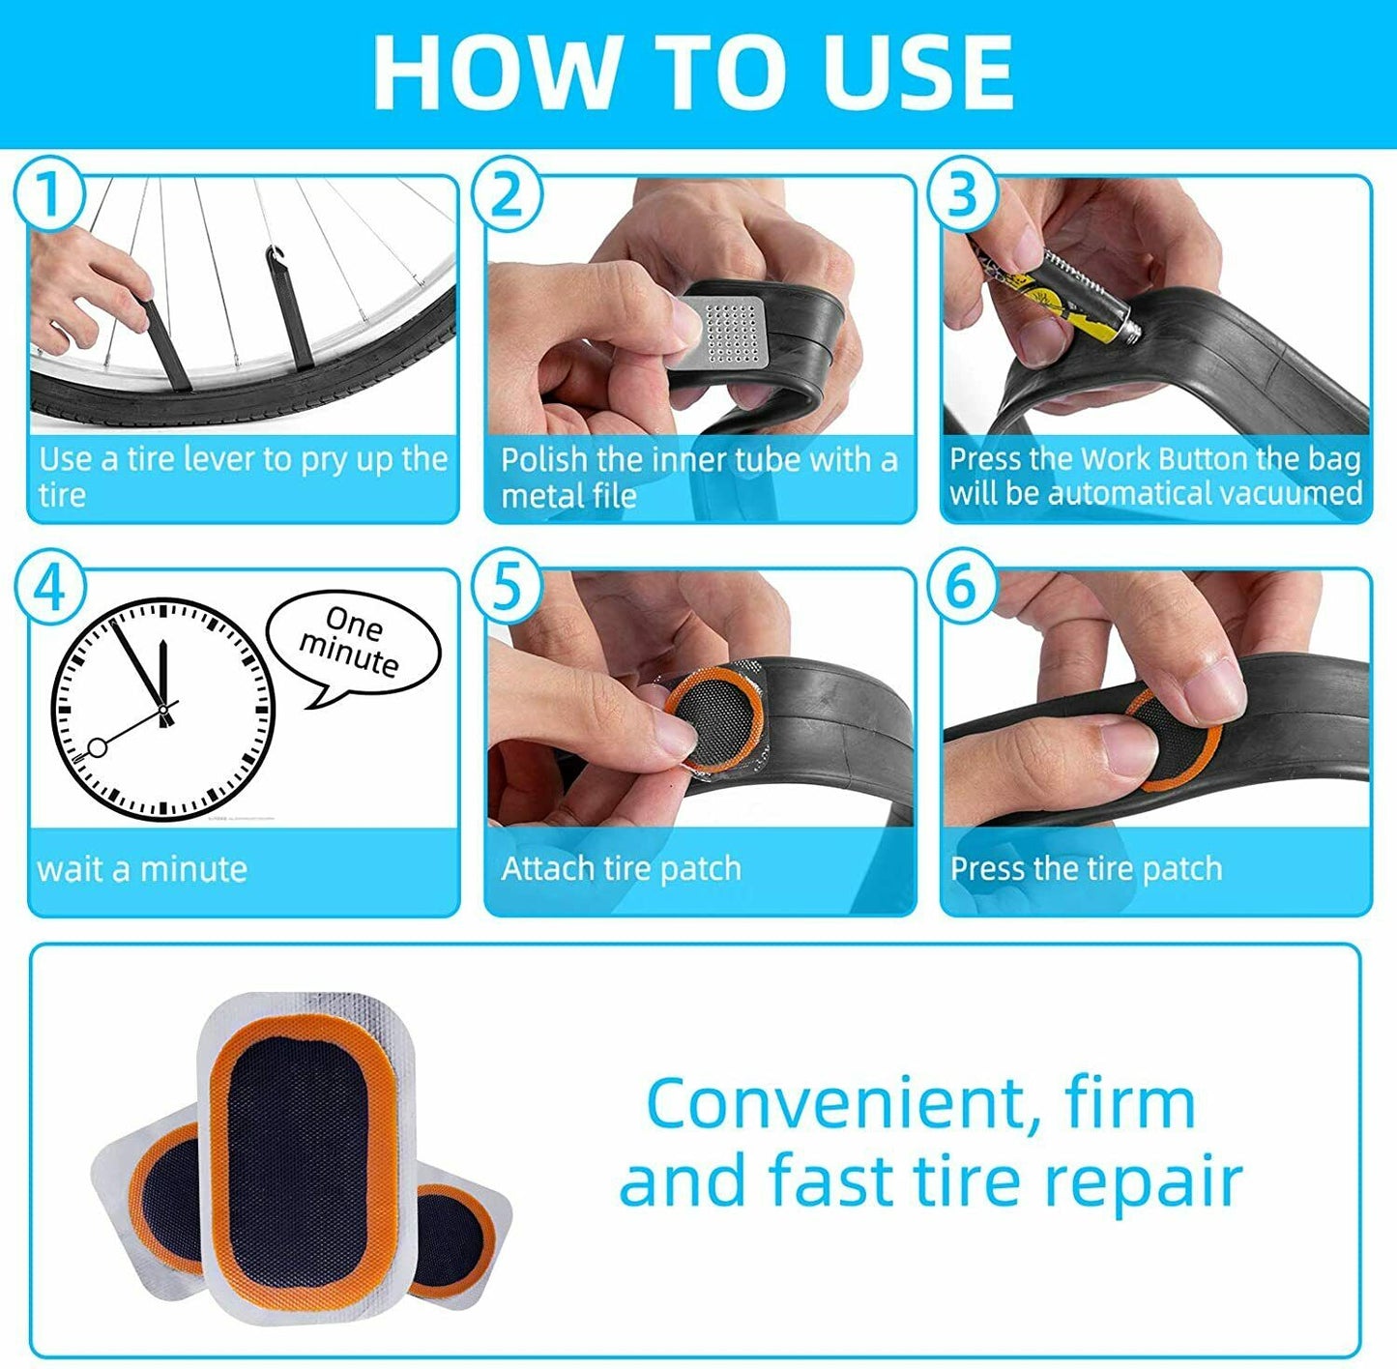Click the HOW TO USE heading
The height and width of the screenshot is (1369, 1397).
(693, 73)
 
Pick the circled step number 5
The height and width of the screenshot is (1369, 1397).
(507, 586)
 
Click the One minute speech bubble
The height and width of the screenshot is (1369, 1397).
(352, 642)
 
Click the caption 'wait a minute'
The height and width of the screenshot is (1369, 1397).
(142, 869)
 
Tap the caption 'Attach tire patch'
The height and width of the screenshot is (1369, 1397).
(621, 869)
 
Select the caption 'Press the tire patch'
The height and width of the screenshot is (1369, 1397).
(1086, 869)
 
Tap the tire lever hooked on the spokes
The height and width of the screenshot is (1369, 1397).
(288, 309)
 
